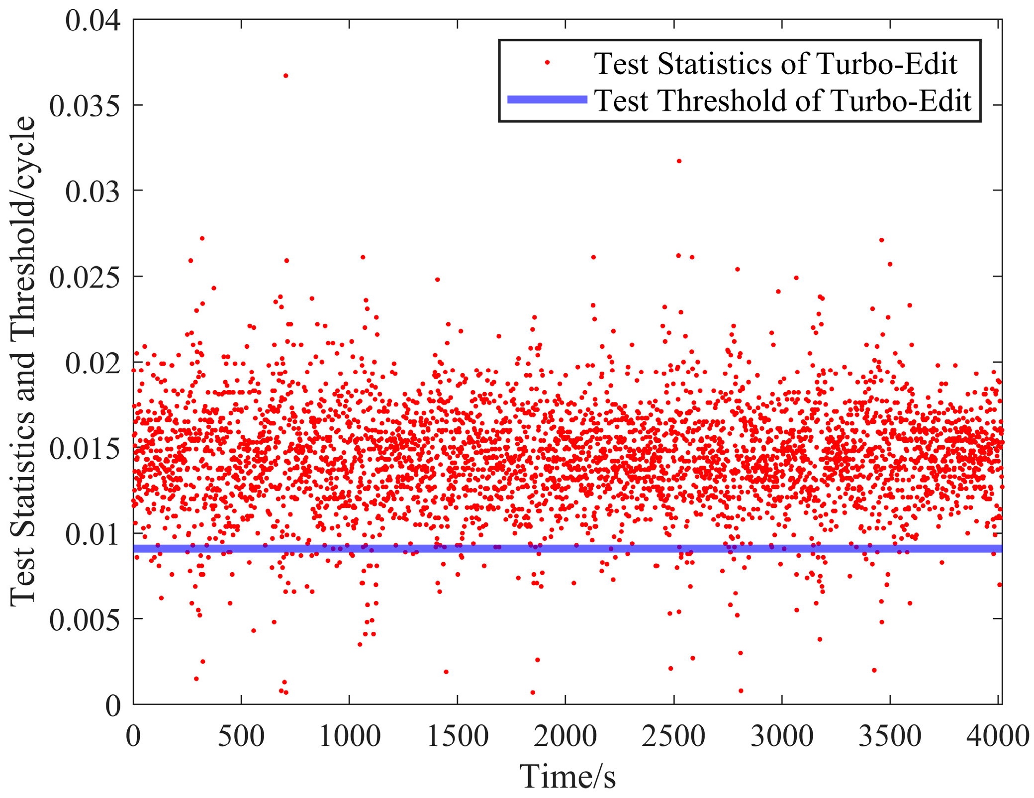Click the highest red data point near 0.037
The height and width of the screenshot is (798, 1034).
point(285,76)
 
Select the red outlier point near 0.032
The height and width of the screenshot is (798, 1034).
point(679,161)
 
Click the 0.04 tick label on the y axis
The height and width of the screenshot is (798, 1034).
point(93,21)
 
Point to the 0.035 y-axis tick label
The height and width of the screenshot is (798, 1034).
point(85,106)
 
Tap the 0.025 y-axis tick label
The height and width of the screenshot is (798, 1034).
point(85,277)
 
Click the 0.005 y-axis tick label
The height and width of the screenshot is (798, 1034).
point(85,620)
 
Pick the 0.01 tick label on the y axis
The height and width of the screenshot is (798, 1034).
point(93,534)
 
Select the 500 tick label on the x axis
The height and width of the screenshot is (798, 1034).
point(241,736)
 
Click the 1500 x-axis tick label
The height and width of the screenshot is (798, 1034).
point(458,736)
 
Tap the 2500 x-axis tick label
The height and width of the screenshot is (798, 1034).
point(673,736)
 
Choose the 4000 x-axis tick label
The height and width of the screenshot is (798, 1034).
point(998,736)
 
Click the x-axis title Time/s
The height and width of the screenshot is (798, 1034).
point(567,776)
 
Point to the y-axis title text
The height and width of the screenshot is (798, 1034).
point(23,361)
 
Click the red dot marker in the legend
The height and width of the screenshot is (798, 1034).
point(547,63)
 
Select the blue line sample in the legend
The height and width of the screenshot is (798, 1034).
point(547,100)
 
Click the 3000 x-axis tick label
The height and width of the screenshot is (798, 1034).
point(782,736)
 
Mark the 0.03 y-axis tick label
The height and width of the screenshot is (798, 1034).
point(93,192)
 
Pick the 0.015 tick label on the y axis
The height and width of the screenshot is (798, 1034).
point(85,449)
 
